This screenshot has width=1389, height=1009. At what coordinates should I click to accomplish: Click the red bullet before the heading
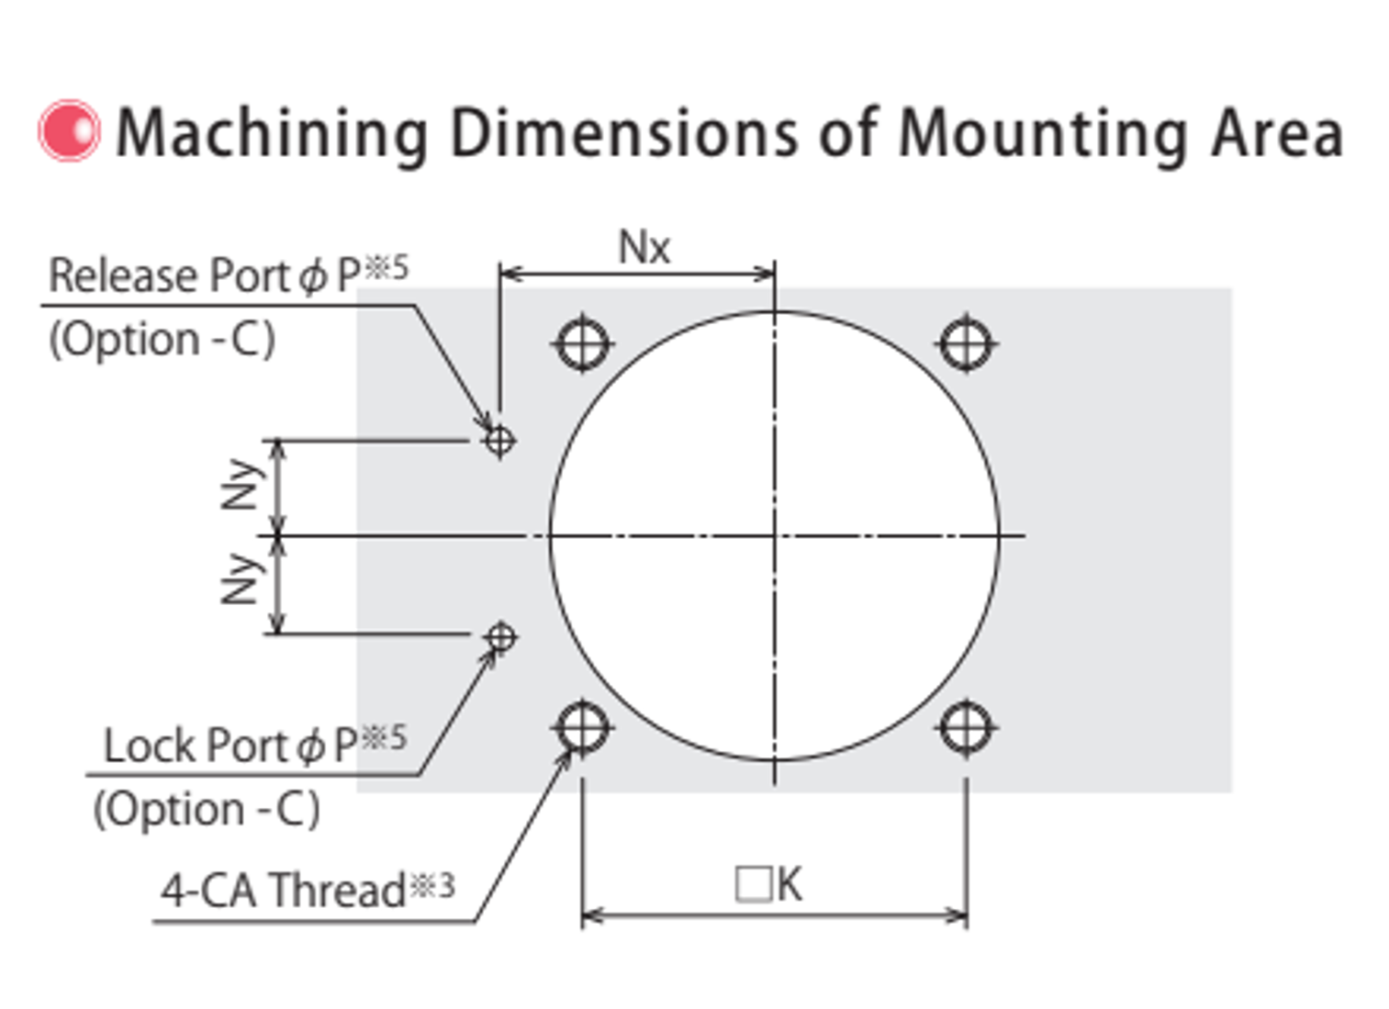tap(69, 130)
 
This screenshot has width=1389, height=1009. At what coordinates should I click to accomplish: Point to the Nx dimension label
tap(644, 248)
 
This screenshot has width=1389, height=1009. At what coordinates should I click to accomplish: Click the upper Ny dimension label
tap(241, 485)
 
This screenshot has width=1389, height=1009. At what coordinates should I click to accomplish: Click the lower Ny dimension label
tap(241, 579)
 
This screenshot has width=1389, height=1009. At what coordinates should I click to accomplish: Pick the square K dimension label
tap(768, 885)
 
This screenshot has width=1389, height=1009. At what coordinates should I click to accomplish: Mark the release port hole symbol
tap(499, 441)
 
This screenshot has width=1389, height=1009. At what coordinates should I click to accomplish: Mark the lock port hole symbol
tap(500, 636)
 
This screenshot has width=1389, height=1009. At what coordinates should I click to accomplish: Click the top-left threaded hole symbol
tap(582, 344)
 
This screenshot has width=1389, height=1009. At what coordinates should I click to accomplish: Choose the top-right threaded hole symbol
tap(967, 344)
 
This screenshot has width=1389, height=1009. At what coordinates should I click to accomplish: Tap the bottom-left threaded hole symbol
tap(582, 728)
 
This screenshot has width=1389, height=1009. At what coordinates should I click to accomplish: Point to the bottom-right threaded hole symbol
tap(966, 728)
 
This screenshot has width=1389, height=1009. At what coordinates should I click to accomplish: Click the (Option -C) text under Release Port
tap(162, 340)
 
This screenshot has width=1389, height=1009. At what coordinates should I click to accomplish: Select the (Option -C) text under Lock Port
tap(207, 810)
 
